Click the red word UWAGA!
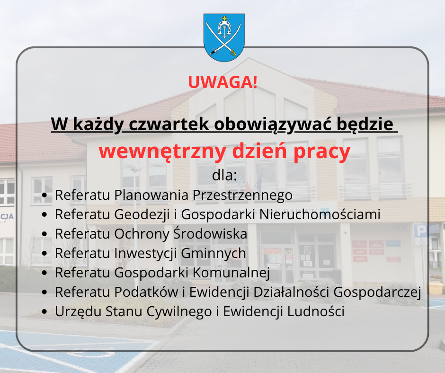[223, 82]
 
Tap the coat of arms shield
[224, 37]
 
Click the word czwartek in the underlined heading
[169, 124]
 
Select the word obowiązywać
[273, 124]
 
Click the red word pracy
[322, 152]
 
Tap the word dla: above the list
[224, 175]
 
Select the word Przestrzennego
[242, 195]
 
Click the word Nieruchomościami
[320, 214]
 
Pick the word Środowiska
[210, 233]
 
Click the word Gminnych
[214, 254]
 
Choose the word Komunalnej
[231, 273]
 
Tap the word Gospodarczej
[377, 293]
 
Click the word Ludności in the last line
[316, 311]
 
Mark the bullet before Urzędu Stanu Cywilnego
[44, 312]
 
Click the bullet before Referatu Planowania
[44, 195]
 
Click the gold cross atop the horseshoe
[224, 19]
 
